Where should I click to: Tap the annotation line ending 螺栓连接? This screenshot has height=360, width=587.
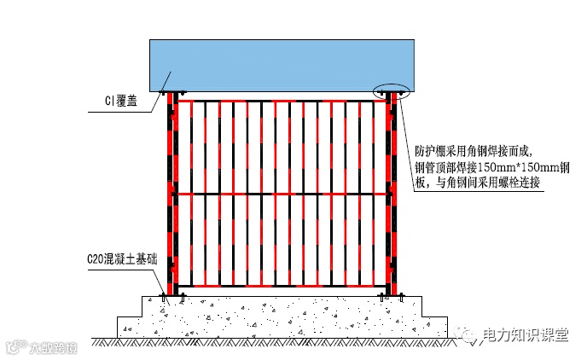478,183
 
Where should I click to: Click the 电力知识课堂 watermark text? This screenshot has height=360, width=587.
524,336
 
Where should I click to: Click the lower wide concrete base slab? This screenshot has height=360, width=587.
282,326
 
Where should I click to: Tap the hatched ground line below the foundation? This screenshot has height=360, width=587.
282,341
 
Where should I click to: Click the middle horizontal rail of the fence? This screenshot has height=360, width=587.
282,195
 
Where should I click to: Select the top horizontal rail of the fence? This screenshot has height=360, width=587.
282,101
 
